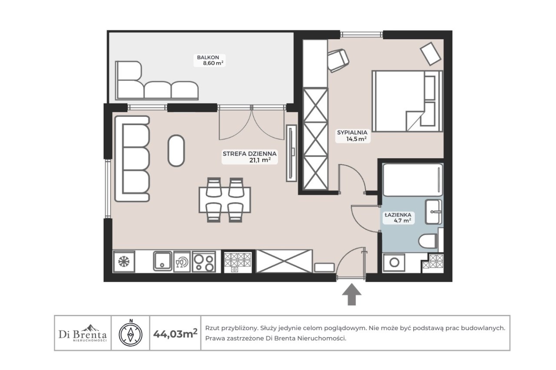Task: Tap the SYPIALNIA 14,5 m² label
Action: (x=352, y=136)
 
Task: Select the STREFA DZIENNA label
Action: (x=249, y=154)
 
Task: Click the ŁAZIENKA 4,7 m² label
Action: (x=398, y=218)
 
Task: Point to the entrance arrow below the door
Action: (x=352, y=295)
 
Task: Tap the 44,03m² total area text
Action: (x=175, y=334)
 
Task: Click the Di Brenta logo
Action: (x=83, y=333)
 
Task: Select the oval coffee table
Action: (x=176, y=151)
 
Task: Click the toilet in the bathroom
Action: (x=428, y=241)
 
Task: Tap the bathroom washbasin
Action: (x=434, y=212)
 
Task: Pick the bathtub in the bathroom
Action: (x=413, y=180)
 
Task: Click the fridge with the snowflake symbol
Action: (x=124, y=262)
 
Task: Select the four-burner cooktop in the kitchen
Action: (x=204, y=262)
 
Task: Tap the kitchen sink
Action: (x=162, y=261)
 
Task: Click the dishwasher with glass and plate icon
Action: (x=182, y=262)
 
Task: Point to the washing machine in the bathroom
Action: (x=394, y=262)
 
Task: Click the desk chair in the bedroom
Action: (x=338, y=60)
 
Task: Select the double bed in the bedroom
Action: (x=407, y=101)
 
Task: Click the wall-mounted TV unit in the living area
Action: (x=291, y=153)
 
